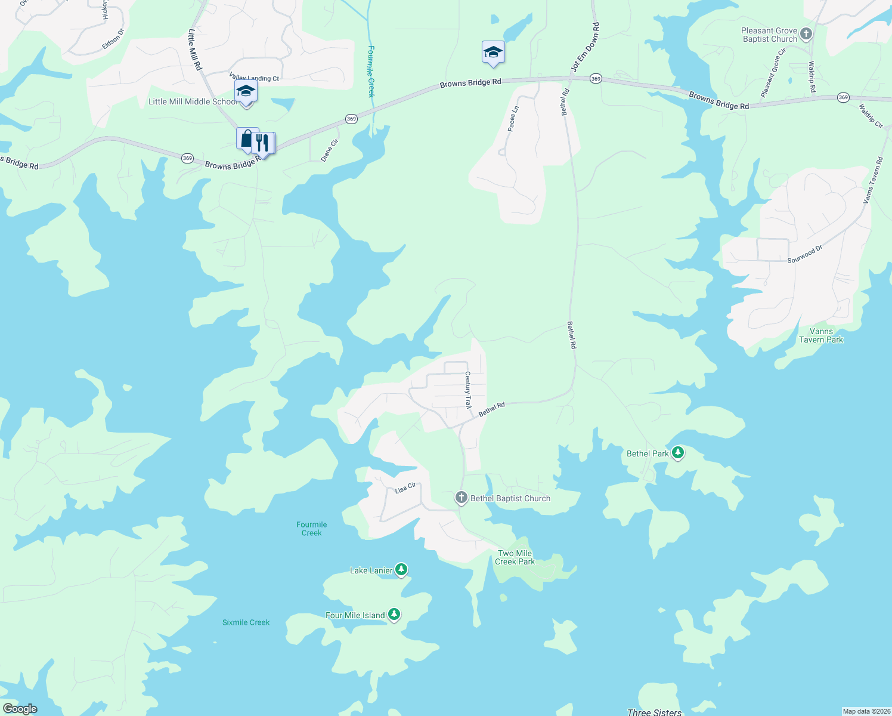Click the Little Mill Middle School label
pyautogui.click(x=192, y=102)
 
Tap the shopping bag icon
pyautogui.click(x=247, y=140)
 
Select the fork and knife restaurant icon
pyautogui.click(x=262, y=144)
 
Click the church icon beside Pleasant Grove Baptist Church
pyautogui.click(x=806, y=34)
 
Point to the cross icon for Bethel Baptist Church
pyautogui.click(x=461, y=498)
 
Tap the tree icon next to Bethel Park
pyautogui.click(x=677, y=453)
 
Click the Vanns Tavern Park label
pyautogui.click(x=821, y=335)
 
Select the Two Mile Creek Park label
pyautogui.click(x=515, y=557)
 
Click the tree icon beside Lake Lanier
pyautogui.click(x=401, y=570)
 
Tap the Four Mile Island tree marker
pyautogui.click(x=394, y=615)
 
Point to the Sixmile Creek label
pyautogui.click(x=246, y=622)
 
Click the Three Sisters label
pyautogui.click(x=654, y=712)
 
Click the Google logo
pyautogui.click(x=20, y=709)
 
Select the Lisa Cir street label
pyautogui.click(x=405, y=488)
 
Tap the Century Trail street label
pyautogui.click(x=468, y=390)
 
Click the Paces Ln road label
pyautogui.click(x=513, y=118)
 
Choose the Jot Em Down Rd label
pyautogui.click(x=585, y=48)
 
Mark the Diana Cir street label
pyautogui.click(x=329, y=150)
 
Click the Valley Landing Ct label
pyautogui.click(x=254, y=78)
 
